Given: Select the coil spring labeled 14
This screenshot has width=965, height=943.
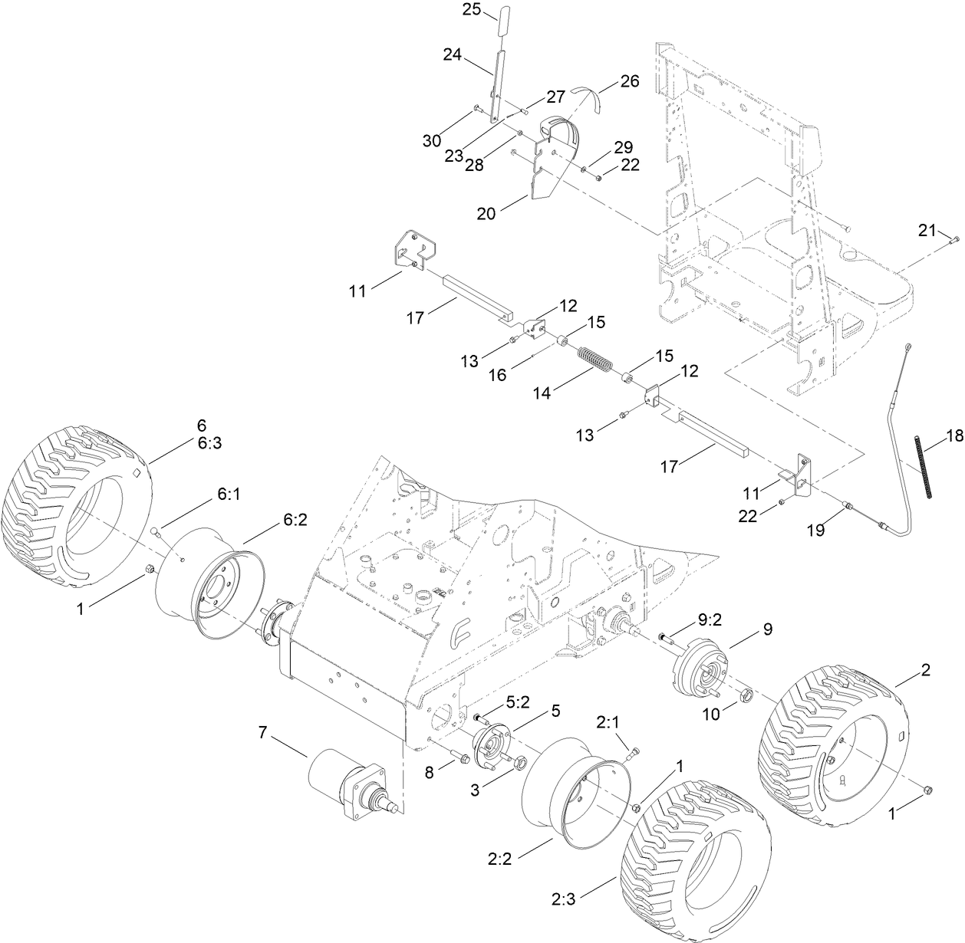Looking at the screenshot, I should click(x=593, y=360).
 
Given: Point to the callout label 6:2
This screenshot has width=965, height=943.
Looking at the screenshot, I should click(x=295, y=519).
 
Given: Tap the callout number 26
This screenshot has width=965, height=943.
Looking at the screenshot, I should click(x=629, y=82).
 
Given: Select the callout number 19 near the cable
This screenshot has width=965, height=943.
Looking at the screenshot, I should click(x=815, y=530).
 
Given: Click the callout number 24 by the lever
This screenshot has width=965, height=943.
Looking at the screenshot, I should click(x=453, y=54).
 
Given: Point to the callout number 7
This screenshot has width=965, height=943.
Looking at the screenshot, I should click(x=262, y=733).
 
